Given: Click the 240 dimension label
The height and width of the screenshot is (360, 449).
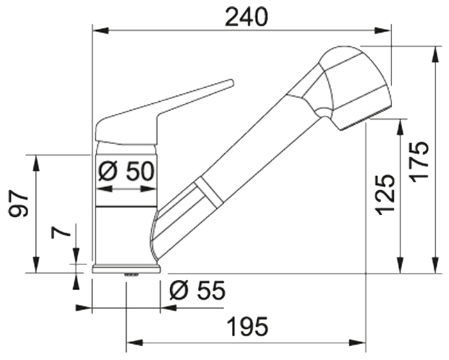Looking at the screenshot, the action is coord(246,17).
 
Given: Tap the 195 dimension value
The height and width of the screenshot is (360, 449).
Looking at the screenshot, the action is coord(248,327).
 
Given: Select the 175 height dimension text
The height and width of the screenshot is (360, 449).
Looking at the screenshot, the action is coord(420,162).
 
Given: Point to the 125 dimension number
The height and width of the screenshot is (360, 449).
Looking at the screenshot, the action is coord(386,195).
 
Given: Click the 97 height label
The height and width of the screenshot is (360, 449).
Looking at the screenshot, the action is coord(19,203).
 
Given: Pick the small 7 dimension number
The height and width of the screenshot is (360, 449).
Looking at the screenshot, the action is coord(61,233).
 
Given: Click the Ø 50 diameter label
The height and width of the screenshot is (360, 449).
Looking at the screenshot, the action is coord(126,171).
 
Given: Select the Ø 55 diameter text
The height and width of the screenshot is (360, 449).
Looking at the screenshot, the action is coord(197,290).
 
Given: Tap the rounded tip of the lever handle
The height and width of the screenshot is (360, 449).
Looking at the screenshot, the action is coord(231,83).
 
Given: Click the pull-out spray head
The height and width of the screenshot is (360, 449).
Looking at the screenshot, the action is coord(355,86).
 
